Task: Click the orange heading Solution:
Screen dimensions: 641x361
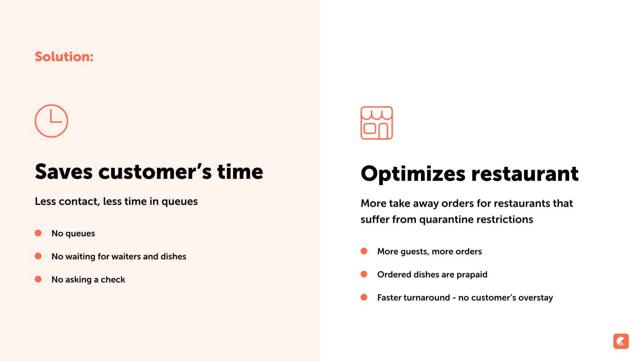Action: (x=64, y=56)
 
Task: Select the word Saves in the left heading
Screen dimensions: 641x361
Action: (x=64, y=172)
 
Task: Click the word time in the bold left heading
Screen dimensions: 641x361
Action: (x=240, y=172)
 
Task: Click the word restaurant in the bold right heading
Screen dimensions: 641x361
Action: (x=525, y=174)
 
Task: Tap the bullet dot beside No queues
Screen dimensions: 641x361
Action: (x=38, y=233)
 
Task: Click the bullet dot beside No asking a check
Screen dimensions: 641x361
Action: (x=38, y=279)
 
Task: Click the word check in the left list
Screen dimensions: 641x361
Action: (x=113, y=279)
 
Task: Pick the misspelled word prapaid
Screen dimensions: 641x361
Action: (x=472, y=275)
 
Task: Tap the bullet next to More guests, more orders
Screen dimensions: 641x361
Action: (x=364, y=251)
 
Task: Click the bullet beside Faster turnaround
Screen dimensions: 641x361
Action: (x=364, y=297)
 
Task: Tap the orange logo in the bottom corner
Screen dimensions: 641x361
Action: (x=621, y=341)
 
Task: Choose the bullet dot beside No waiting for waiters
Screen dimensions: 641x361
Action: (x=38, y=256)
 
